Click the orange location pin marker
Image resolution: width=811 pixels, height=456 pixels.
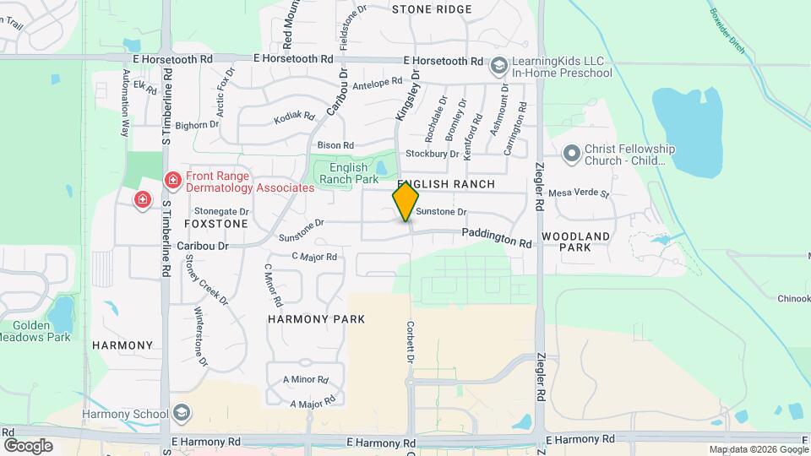[x=405, y=201]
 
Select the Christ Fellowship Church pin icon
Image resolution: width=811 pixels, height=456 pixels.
[x=572, y=154]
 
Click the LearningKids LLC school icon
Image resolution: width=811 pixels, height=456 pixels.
[x=499, y=66]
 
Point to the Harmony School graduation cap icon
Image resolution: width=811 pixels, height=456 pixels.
[x=181, y=414]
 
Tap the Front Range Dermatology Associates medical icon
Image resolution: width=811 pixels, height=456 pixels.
[x=173, y=180]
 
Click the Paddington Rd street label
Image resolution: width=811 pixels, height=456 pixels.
[x=497, y=239]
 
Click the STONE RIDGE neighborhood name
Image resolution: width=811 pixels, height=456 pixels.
[x=432, y=9]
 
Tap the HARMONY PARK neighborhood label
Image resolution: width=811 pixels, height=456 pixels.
[x=316, y=319]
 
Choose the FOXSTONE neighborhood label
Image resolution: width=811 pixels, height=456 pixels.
[x=216, y=224]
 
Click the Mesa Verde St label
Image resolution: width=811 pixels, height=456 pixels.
[x=579, y=193]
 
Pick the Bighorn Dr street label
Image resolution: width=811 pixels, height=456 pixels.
[x=197, y=125]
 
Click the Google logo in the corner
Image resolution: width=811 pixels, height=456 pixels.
[x=28, y=445]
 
